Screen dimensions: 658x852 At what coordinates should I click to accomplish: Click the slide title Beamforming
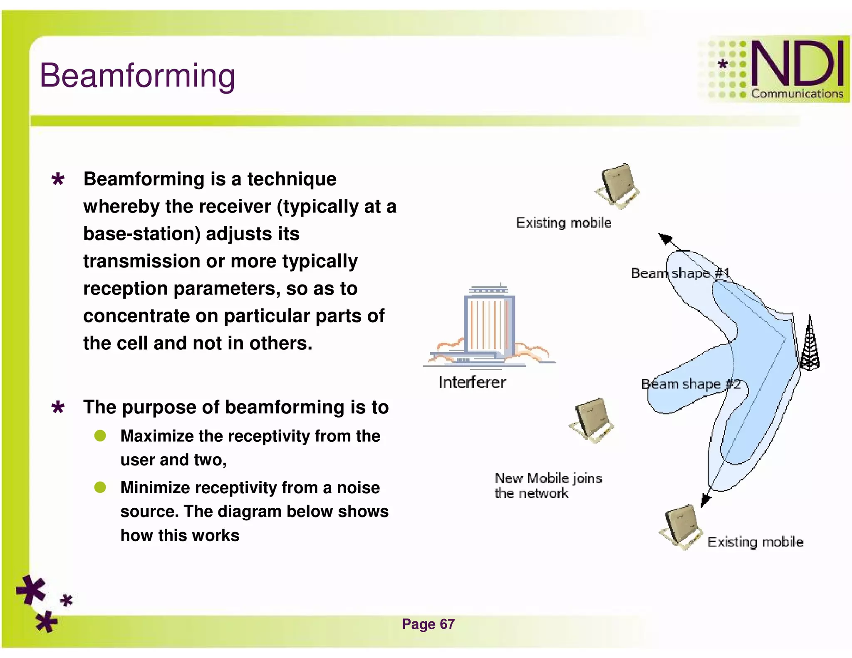point(137,76)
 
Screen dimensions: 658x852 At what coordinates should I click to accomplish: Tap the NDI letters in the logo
point(797,63)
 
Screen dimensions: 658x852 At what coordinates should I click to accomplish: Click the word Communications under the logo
point(797,94)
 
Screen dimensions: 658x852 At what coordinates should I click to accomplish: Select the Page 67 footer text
point(428,624)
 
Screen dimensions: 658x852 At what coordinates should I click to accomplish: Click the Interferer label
point(472,382)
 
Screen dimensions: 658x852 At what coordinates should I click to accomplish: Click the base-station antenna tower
point(810,345)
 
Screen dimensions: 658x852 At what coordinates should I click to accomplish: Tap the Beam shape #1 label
point(680,273)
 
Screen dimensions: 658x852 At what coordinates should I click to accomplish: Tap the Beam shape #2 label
point(691,384)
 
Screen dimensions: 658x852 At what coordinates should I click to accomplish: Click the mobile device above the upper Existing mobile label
point(617,186)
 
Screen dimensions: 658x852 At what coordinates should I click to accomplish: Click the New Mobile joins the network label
point(548,485)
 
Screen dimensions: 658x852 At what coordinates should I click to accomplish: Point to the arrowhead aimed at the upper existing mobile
point(665,238)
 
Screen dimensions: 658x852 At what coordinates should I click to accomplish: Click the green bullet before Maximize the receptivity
point(100,436)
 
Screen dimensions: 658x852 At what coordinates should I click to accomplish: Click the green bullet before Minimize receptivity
point(100,487)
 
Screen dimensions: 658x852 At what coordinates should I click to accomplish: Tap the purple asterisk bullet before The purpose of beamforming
point(58,407)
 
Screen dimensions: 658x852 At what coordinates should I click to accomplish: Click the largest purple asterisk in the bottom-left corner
point(31,590)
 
